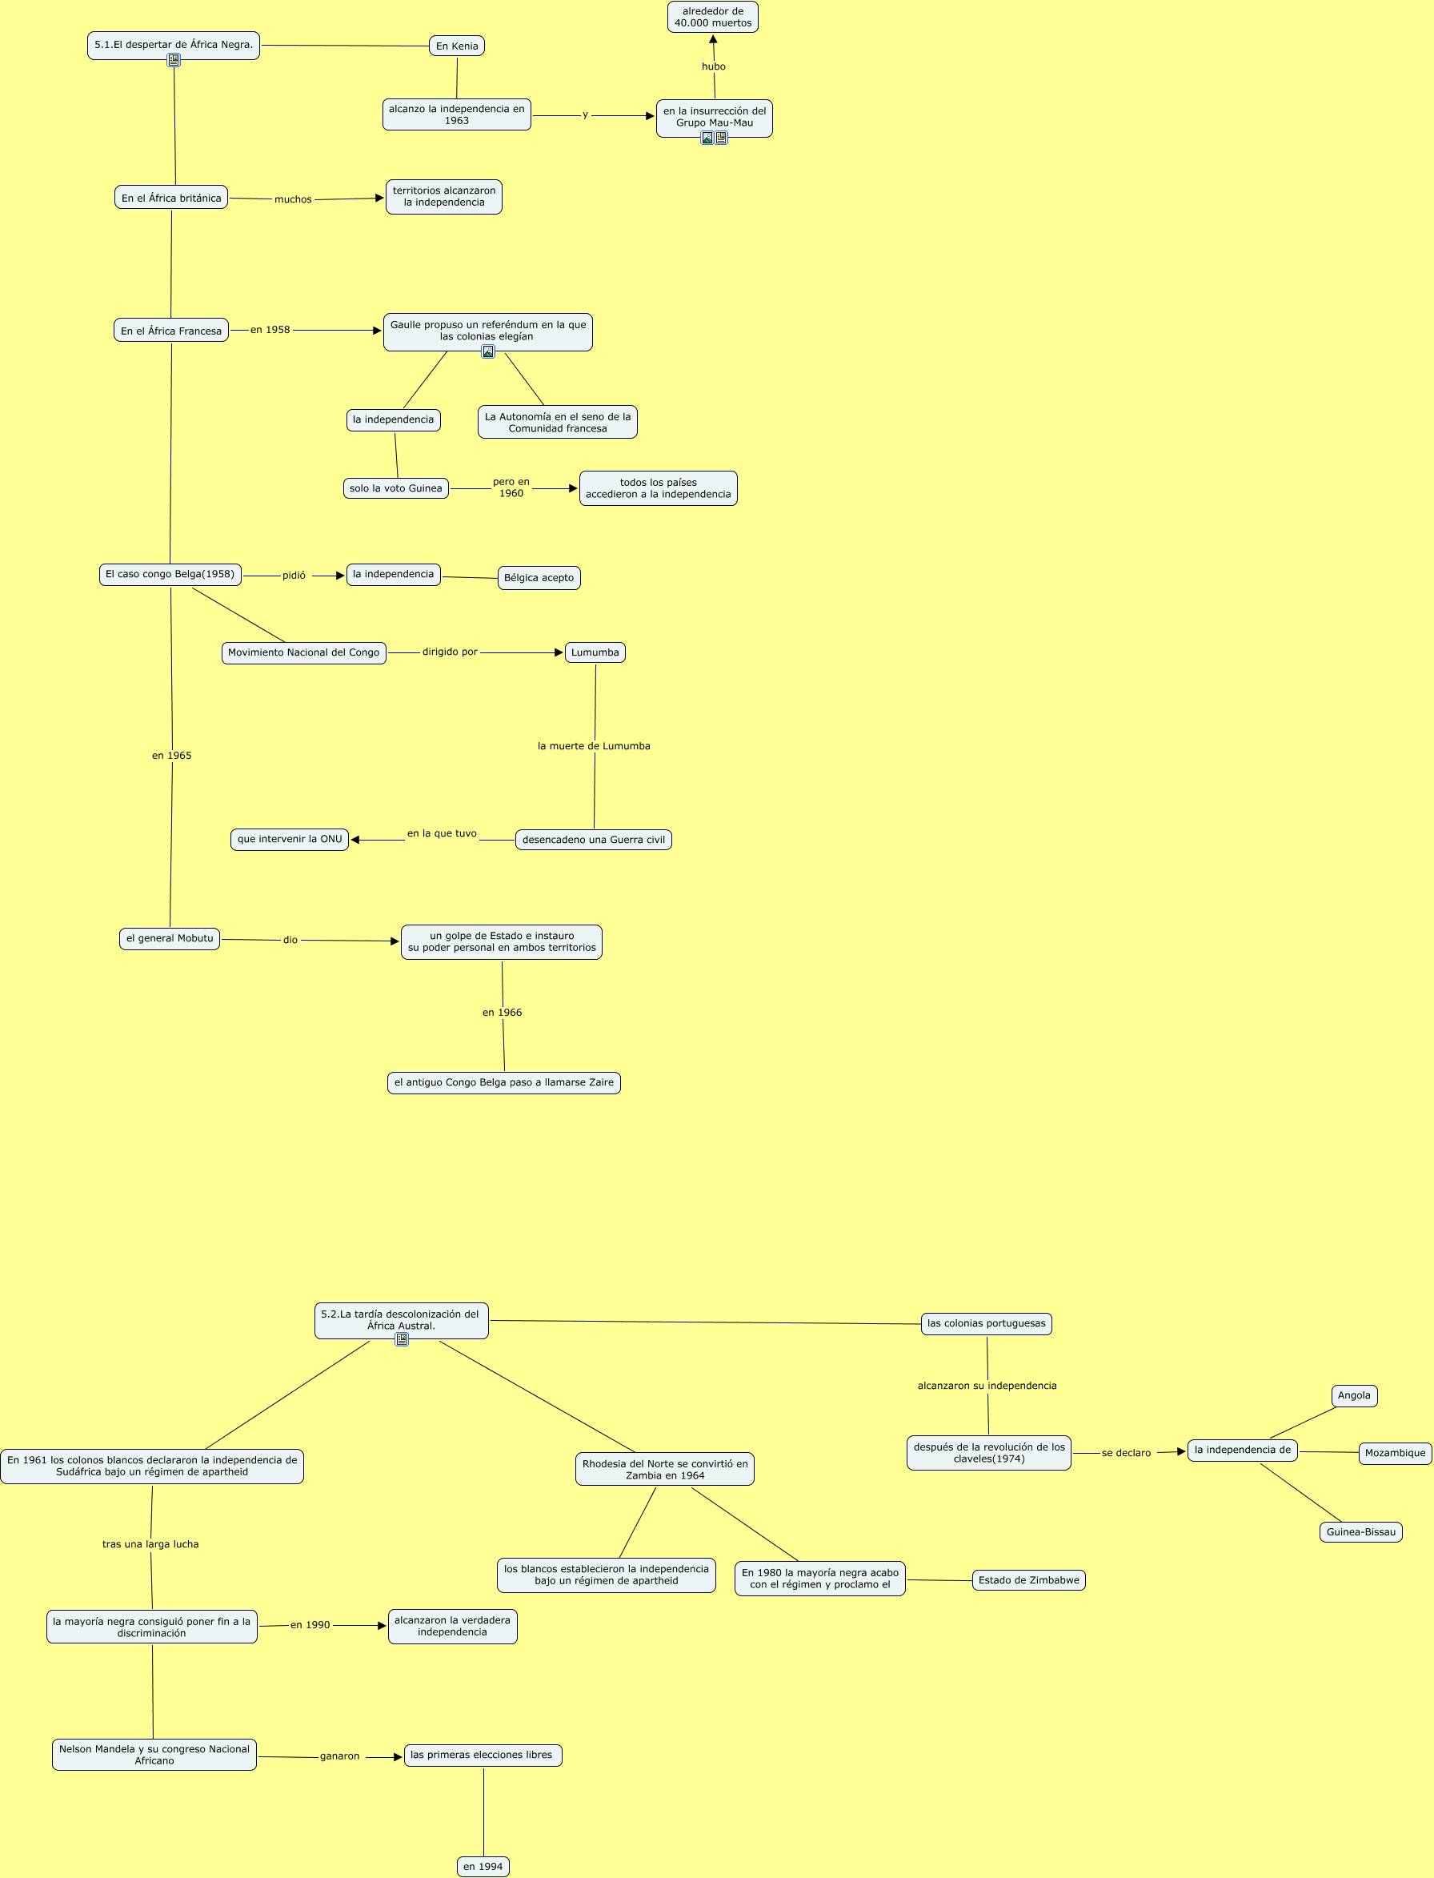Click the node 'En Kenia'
coord(457,46)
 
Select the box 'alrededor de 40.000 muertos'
coord(713,17)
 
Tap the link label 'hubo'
coord(714,66)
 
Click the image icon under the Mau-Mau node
coord(707,138)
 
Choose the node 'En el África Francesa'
coord(170,331)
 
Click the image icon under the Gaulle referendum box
coord(488,351)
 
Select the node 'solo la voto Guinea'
coord(396,488)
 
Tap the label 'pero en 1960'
coord(511,488)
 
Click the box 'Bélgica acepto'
coord(539,578)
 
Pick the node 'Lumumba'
coord(595,652)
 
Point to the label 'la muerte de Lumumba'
coord(594,746)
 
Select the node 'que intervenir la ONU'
coord(290,839)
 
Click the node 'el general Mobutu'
coord(170,938)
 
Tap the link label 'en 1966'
coord(502,1013)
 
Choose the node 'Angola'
coord(1354,1396)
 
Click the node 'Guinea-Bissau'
coord(1360,1532)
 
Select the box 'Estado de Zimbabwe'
coord(1028,1580)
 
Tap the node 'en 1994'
coord(483,1867)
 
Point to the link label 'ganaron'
coord(340,1756)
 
